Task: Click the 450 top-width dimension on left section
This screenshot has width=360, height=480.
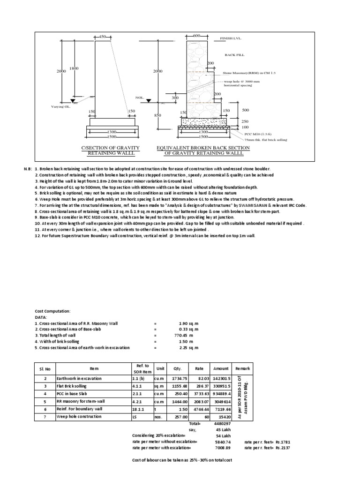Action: tap(103, 36)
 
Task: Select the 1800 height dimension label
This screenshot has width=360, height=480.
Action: tap(74, 68)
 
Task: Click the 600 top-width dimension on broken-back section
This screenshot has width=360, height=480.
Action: tap(196, 36)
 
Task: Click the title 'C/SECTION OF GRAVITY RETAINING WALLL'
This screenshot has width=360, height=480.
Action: tap(111, 150)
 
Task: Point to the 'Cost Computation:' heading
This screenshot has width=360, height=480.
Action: tap(52, 311)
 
